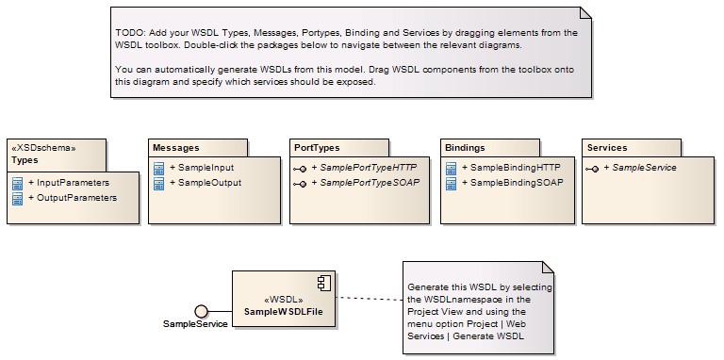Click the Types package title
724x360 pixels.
click(25, 159)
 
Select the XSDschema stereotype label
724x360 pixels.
click(42, 147)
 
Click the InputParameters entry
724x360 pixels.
click(73, 182)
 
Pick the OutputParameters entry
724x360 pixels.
click(76, 198)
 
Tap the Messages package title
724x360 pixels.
click(175, 148)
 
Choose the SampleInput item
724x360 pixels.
click(206, 167)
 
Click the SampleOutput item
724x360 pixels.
click(209, 183)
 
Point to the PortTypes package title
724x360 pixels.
click(317, 148)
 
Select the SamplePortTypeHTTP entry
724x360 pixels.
click(369, 167)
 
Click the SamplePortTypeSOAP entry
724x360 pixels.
click(369, 183)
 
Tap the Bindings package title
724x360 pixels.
click(464, 148)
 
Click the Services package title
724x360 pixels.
click(607, 148)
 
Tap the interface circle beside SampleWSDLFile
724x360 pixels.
click(201, 310)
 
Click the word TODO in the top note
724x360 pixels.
click(127, 32)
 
